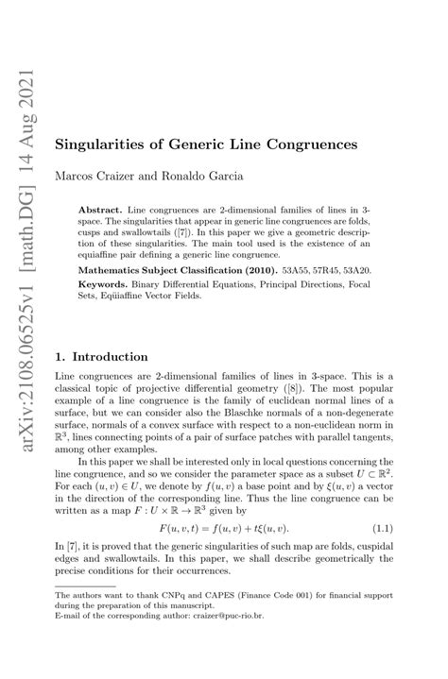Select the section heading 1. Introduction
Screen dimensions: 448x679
click(102, 357)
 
